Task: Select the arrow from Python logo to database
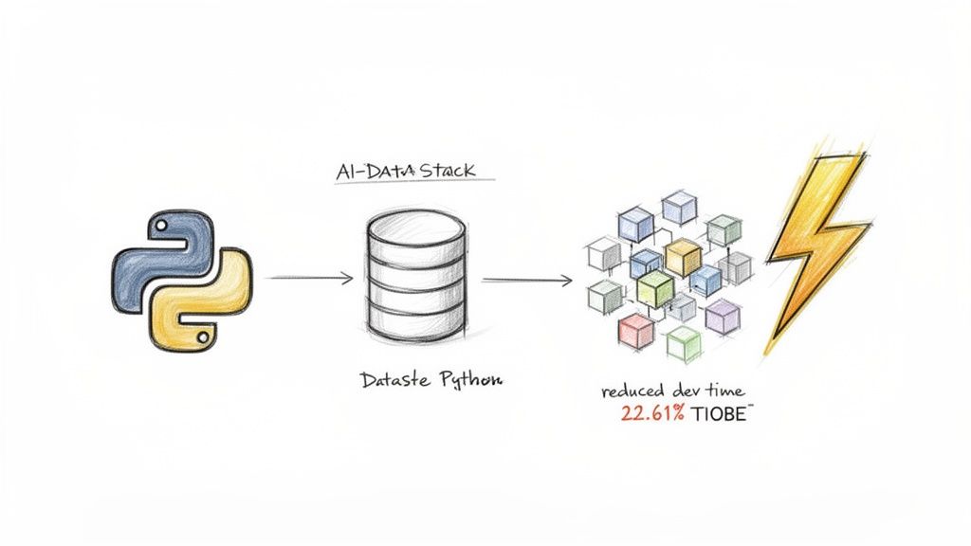[310, 279]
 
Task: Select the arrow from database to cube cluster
[526, 280]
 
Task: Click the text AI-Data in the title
[364, 172]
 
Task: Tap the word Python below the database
[470, 380]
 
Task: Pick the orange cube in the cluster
[682, 255]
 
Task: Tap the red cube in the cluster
[634, 330]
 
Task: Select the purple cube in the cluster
[723, 316]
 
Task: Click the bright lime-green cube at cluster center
[654, 286]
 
